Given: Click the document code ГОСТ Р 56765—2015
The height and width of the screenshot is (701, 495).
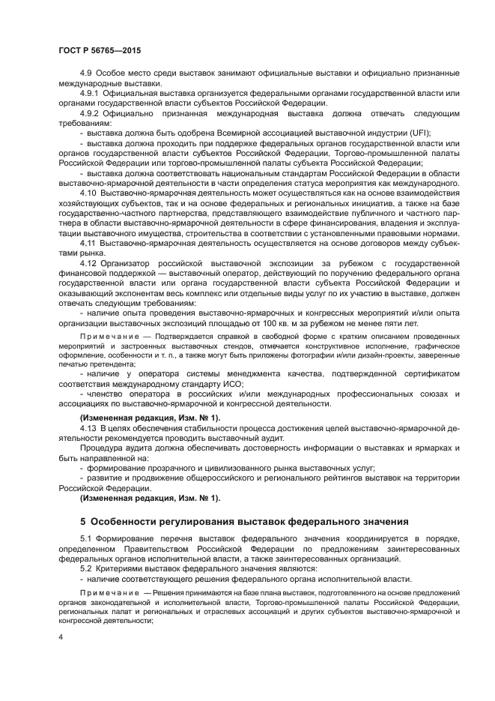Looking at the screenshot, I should [99, 49].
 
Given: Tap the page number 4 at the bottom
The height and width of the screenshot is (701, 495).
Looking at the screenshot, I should [61, 636].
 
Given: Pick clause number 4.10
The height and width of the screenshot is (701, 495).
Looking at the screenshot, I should [88, 192].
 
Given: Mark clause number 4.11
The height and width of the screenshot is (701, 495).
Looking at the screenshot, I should [88, 243].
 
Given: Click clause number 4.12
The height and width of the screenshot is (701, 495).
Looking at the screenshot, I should [88, 263].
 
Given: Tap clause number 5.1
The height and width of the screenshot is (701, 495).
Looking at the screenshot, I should [85, 538].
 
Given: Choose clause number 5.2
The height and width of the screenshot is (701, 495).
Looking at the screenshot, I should [85, 569].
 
